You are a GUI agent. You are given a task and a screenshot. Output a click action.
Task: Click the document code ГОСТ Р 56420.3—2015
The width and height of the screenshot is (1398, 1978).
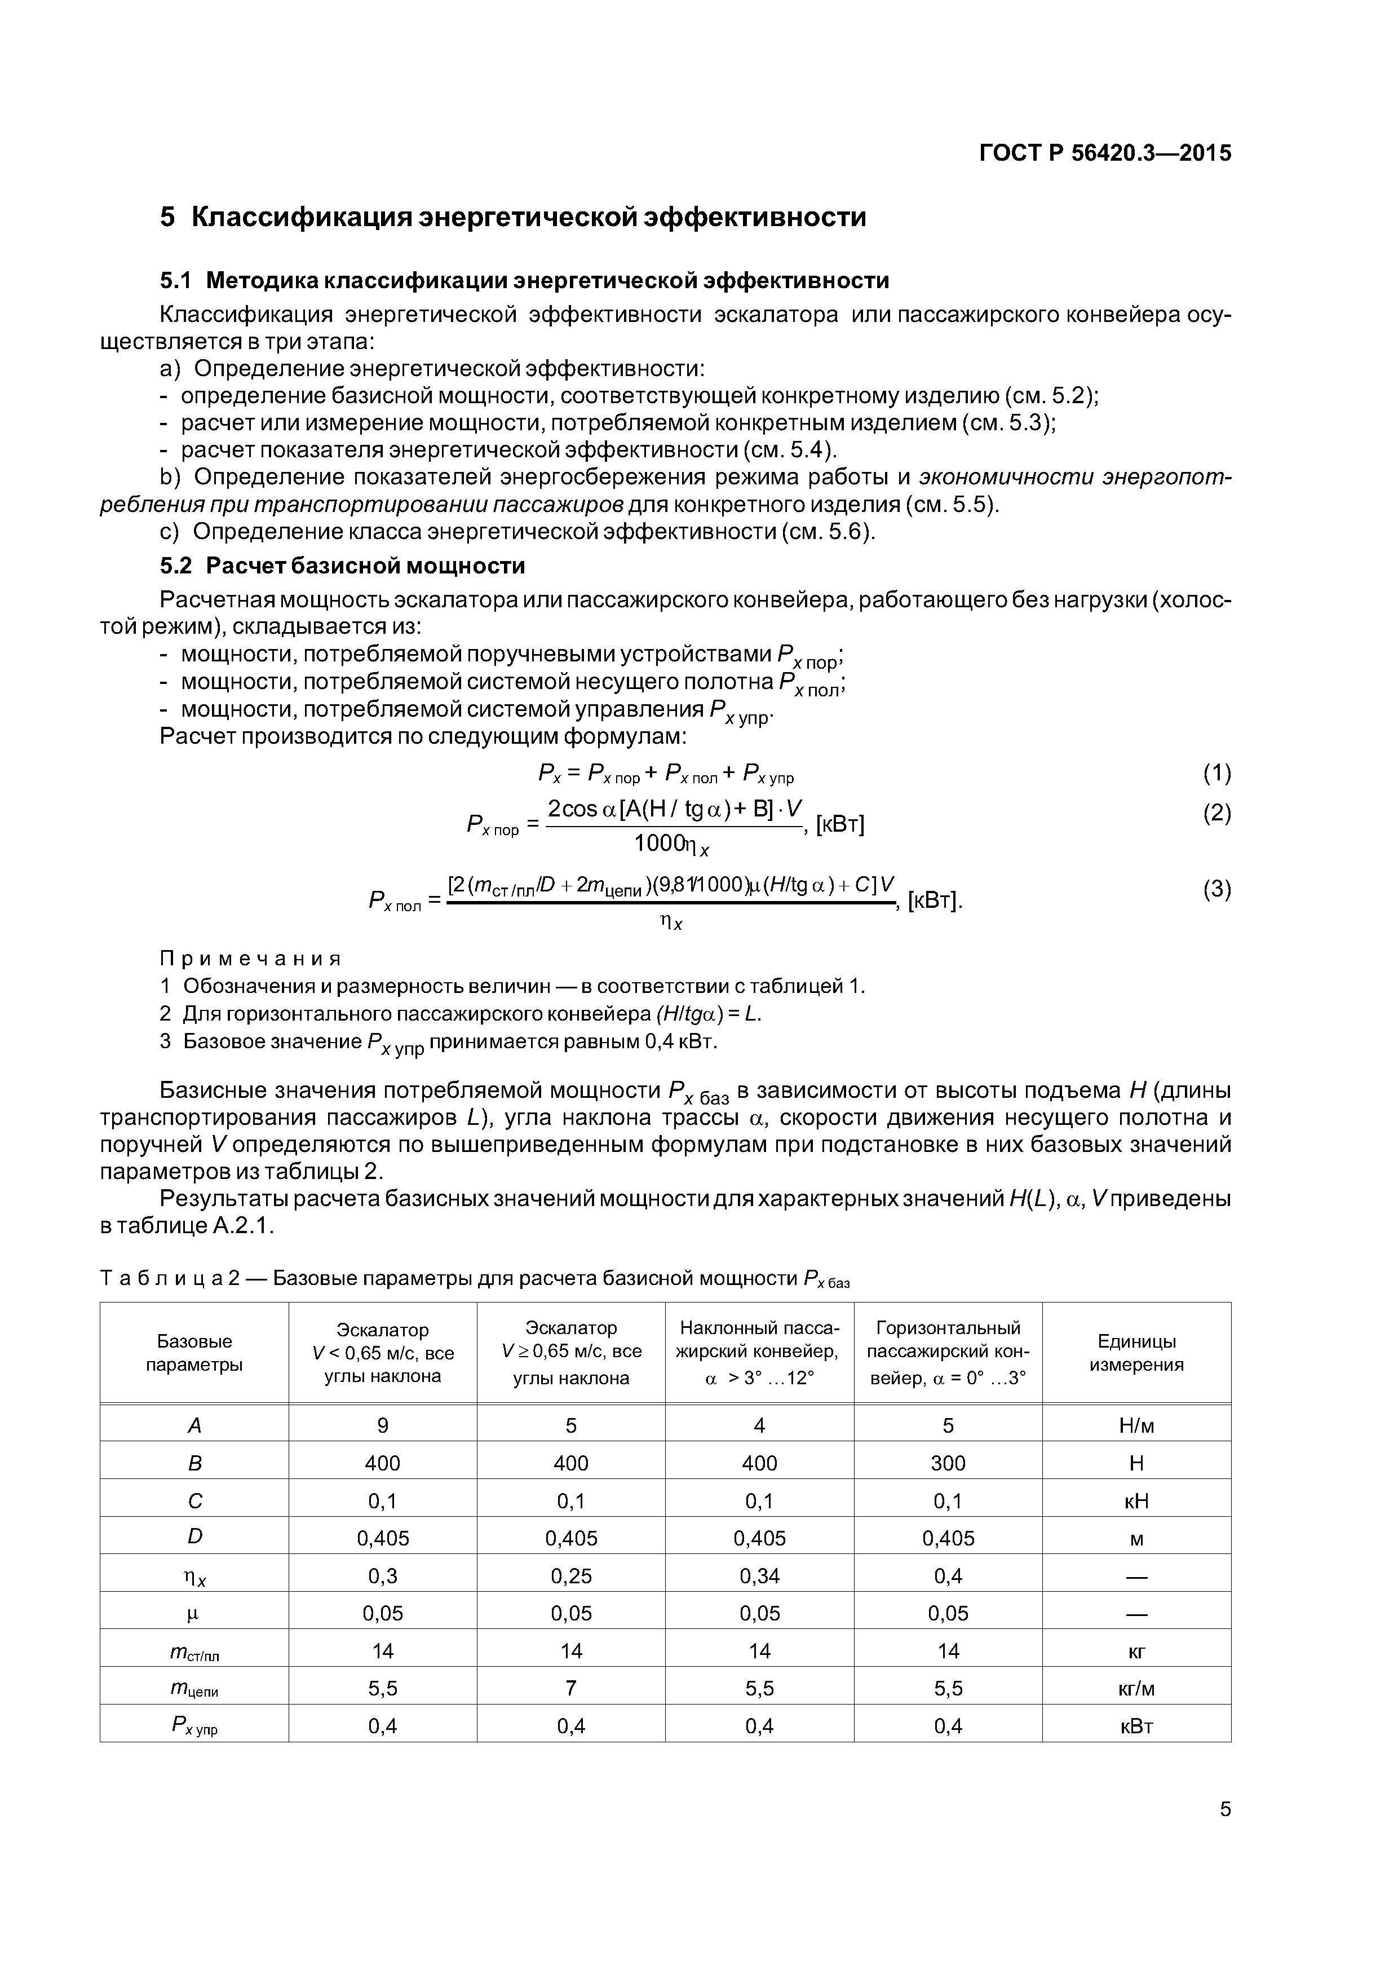pos(1105,153)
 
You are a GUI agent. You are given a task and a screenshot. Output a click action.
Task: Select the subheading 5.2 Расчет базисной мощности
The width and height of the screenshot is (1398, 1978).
pos(343,566)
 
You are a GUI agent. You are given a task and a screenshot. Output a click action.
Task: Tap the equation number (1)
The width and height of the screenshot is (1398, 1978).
pos(1216,774)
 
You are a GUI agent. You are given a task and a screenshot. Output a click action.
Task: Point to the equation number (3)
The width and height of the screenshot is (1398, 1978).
pos(1216,889)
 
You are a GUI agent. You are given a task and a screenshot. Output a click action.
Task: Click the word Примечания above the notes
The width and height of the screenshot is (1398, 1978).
pos(251,959)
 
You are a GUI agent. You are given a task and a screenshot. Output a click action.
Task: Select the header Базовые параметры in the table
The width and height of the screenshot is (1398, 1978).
pos(194,1353)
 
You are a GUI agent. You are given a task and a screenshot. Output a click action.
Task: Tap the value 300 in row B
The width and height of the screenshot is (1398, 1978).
pos(948,1463)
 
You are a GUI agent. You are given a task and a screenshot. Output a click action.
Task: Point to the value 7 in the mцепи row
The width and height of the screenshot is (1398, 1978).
pos(570,1689)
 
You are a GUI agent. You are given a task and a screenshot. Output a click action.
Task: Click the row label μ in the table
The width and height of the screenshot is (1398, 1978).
pos(194,1614)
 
